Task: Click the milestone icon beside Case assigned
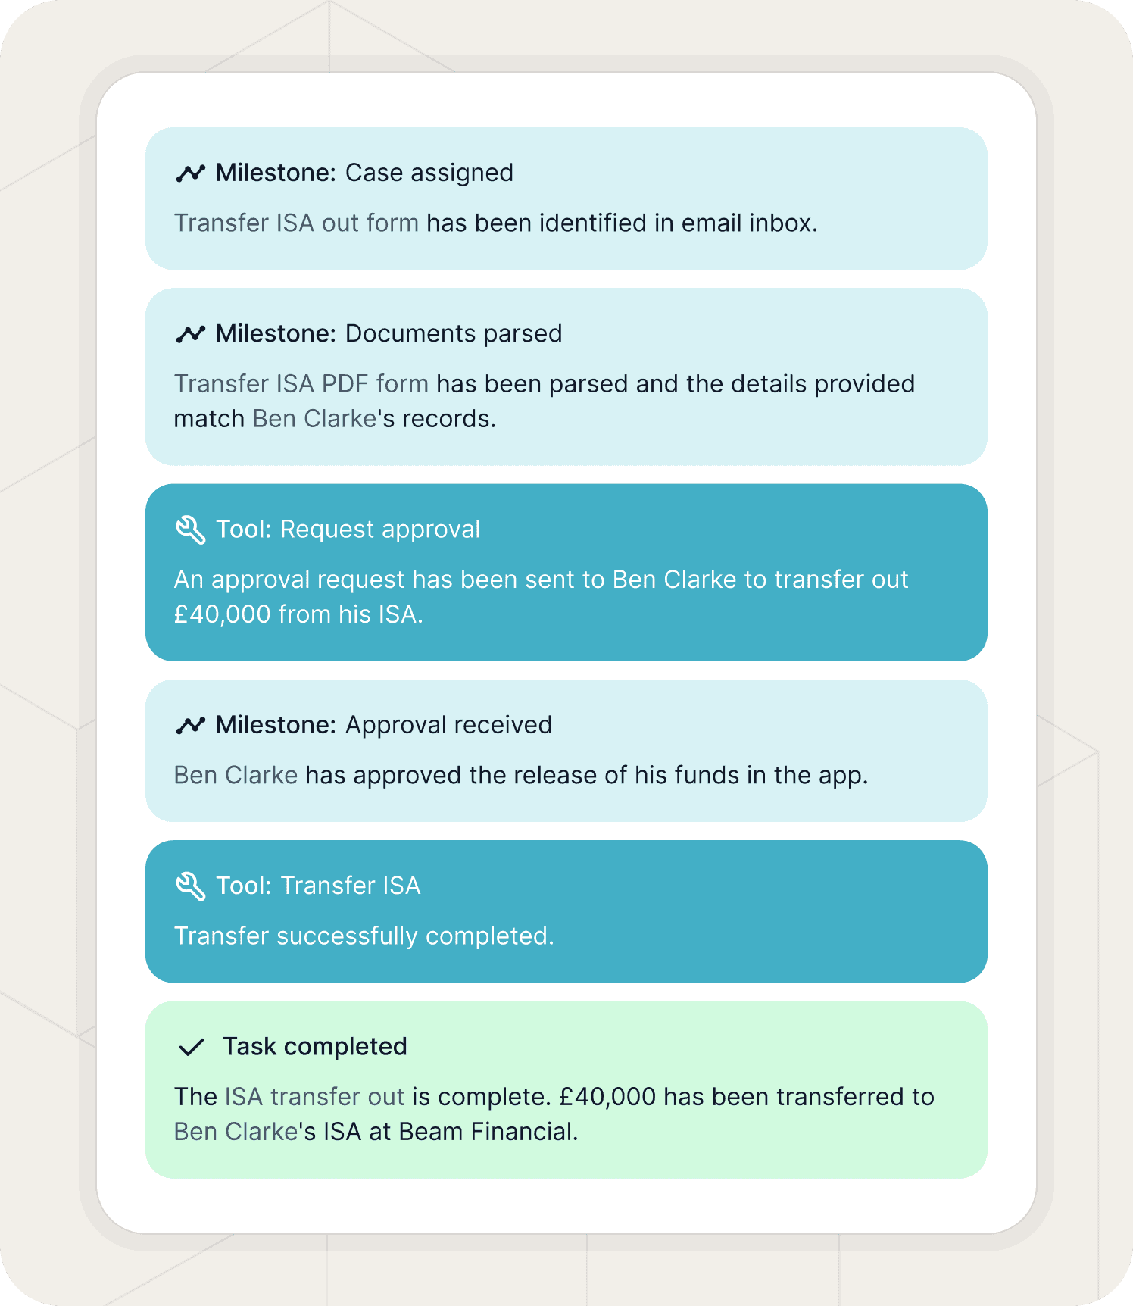coord(191,173)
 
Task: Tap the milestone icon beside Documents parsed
coord(191,334)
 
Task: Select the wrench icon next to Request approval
coord(191,530)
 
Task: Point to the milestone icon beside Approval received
coord(191,726)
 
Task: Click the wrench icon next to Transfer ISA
coord(191,886)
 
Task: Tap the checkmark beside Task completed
coord(191,1048)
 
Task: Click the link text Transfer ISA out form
coord(296,223)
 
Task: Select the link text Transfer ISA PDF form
coord(301,384)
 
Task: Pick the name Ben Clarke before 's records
coord(314,419)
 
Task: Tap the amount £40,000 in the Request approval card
coord(222,614)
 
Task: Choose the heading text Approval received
coord(448,725)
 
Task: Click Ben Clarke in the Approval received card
coord(236,776)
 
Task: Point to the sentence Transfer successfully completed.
coord(364,936)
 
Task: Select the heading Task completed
coord(314,1047)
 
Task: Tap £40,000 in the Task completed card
coord(607,1097)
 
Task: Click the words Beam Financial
coord(488,1132)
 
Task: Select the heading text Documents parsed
coord(453,334)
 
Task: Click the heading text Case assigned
coord(429,173)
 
